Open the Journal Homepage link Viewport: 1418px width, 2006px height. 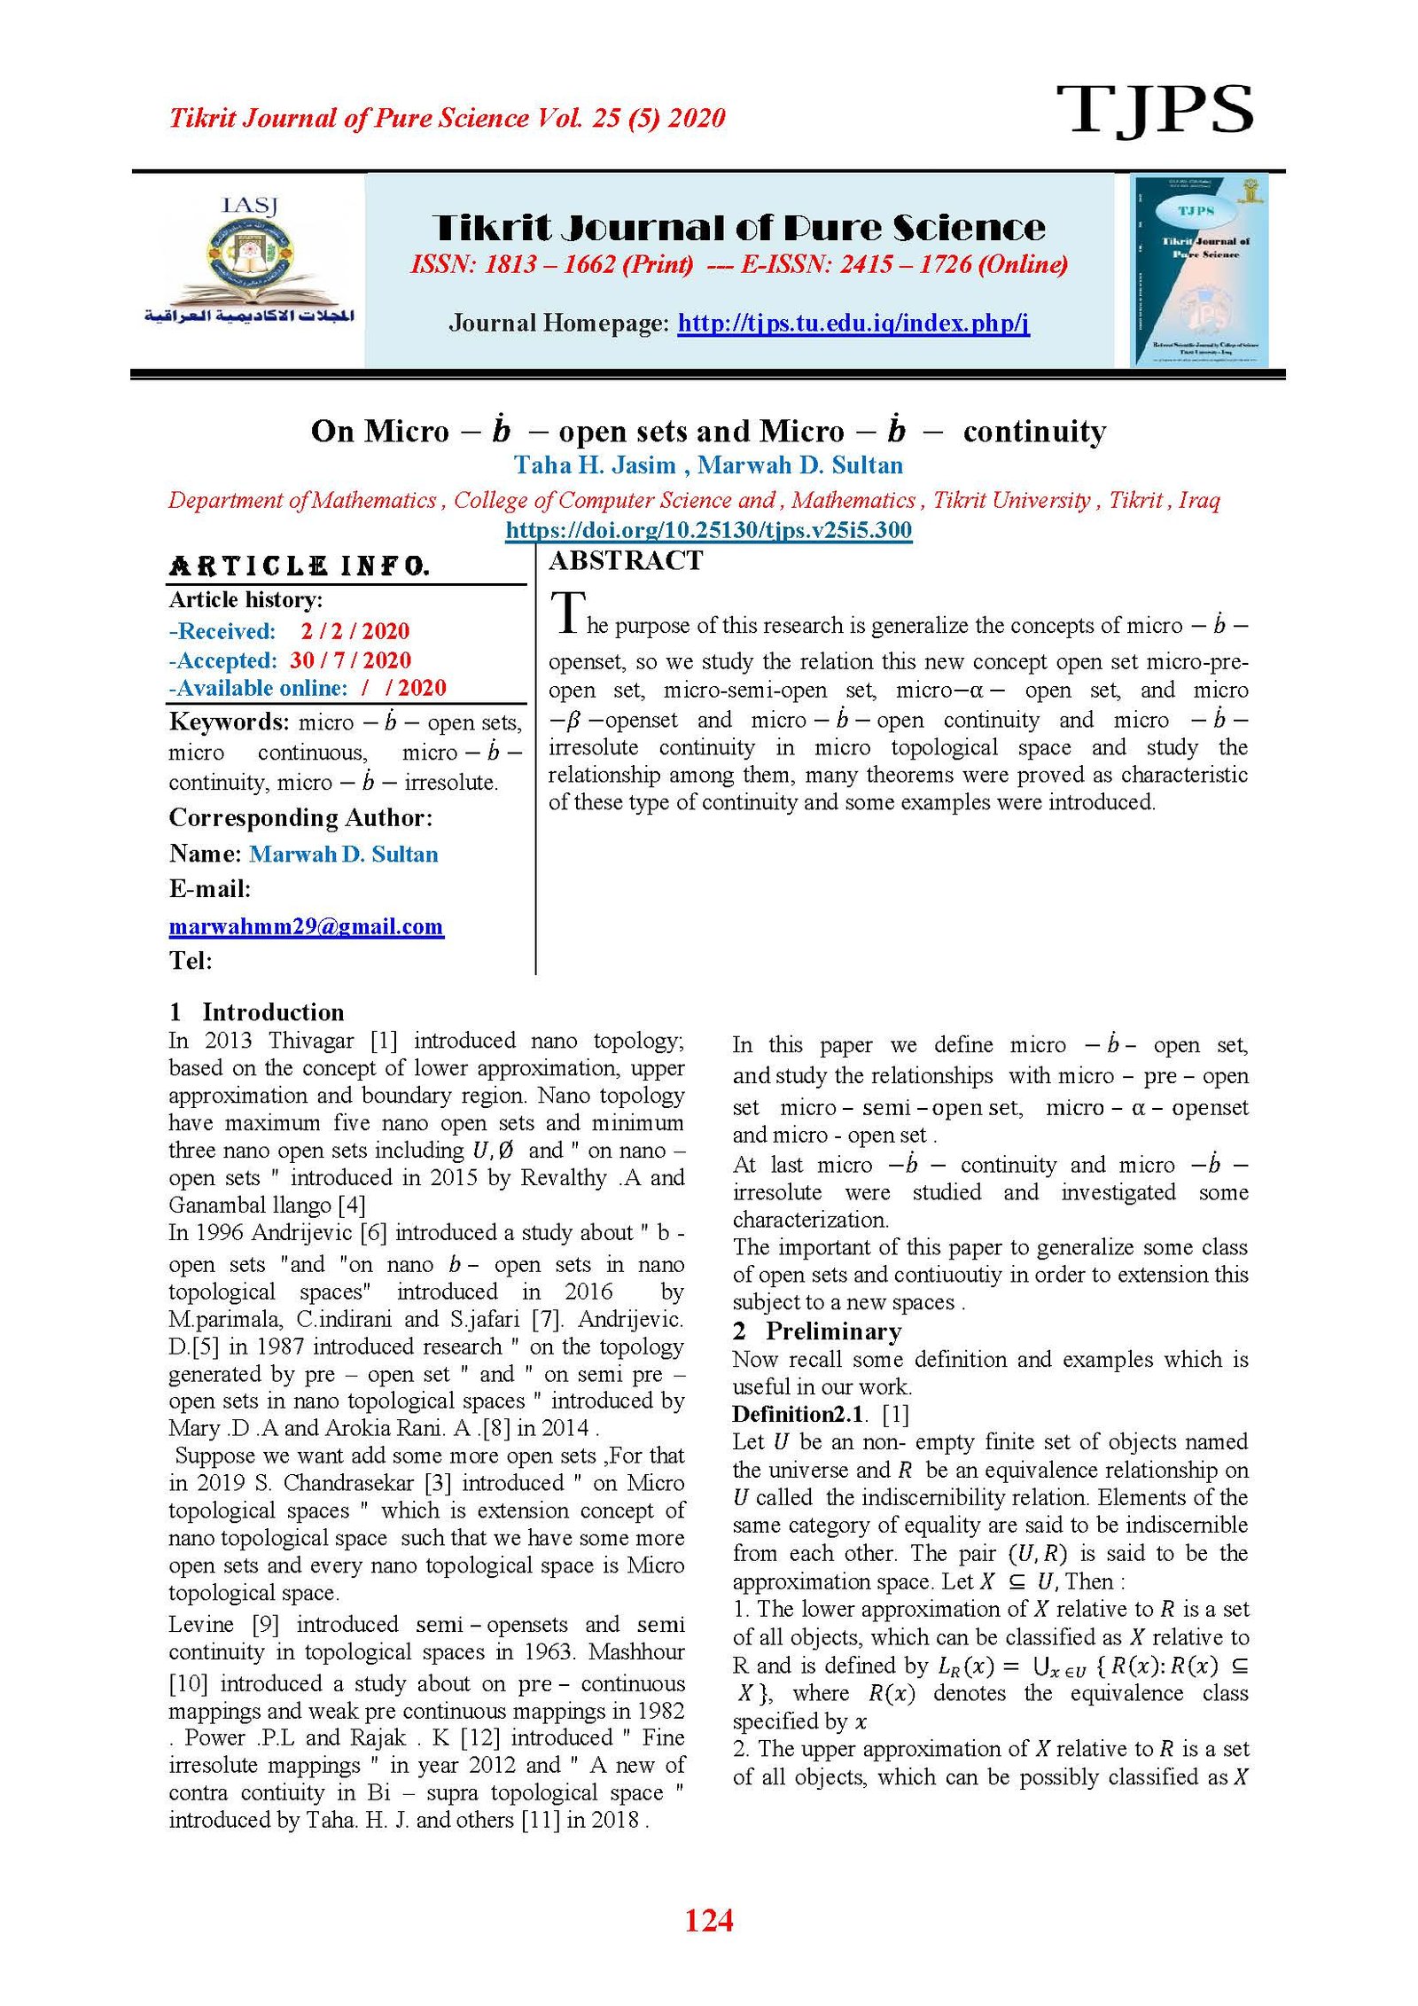(853, 323)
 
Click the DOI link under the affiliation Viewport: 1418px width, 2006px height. (708, 530)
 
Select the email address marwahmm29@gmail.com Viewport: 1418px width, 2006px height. (306, 926)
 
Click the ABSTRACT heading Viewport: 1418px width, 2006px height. (626, 560)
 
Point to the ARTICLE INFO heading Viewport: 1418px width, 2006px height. (299, 566)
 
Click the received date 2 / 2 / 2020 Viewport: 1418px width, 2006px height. (354, 631)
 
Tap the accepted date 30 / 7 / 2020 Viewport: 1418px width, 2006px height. (350, 660)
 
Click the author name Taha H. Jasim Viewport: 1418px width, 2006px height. (595, 464)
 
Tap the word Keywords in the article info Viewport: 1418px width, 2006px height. (229, 722)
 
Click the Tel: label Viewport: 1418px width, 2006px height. (191, 960)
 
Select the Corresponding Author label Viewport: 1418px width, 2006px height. (300, 817)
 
